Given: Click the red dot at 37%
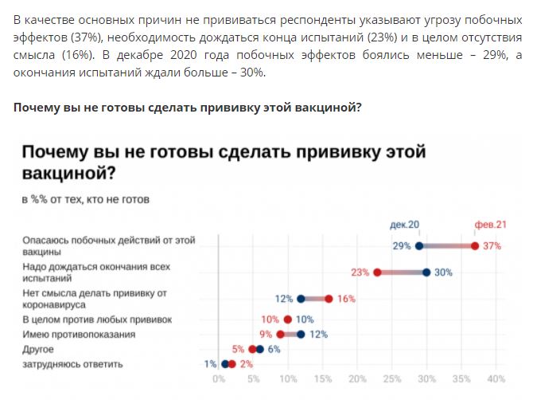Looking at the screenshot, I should point(475,245).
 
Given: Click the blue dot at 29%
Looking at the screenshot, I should point(419,245).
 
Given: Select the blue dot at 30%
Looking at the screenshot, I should point(426,272).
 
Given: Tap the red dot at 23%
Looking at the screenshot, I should point(378,272).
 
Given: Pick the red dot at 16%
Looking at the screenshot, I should point(329,299).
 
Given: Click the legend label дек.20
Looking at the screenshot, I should point(405,225).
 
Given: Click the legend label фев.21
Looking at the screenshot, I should point(490,225).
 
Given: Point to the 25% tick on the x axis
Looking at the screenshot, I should point(392,378).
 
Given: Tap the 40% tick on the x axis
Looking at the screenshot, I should point(496,378).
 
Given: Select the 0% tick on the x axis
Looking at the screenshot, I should point(219,378).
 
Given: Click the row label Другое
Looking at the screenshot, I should point(38,349).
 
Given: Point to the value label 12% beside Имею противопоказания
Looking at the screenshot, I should point(318,335).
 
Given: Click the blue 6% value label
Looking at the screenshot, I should point(274,349).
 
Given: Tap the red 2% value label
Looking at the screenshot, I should point(246,364).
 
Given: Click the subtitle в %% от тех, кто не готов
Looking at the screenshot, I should point(85,198).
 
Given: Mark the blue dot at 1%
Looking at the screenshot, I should point(225,364).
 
